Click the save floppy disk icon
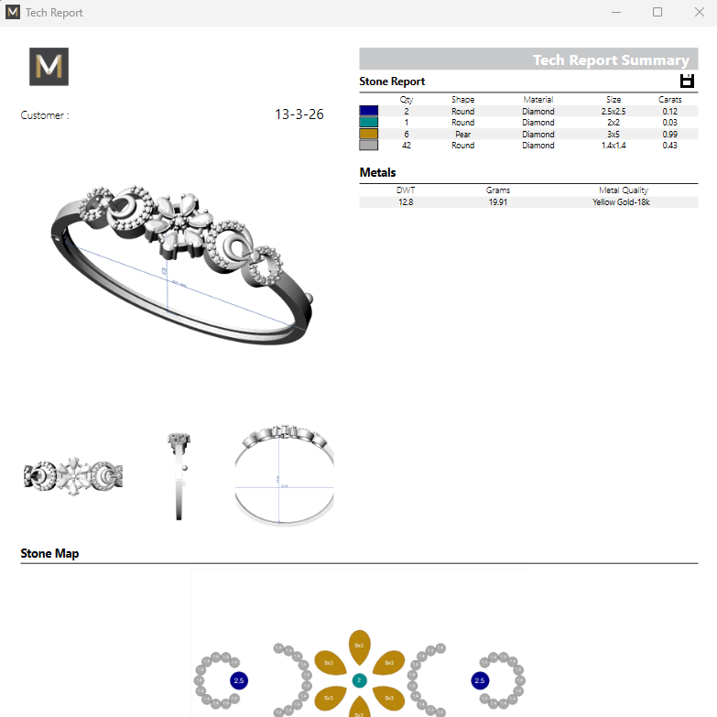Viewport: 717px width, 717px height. [688, 81]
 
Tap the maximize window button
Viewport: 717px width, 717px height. [657, 13]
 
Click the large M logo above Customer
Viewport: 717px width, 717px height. [49, 67]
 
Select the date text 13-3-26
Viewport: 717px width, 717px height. [299, 114]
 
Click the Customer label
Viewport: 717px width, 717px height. [45, 115]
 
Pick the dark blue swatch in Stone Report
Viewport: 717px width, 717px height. [368, 111]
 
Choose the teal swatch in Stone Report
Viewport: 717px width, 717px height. [368, 123]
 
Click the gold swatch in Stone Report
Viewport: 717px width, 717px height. [368, 134]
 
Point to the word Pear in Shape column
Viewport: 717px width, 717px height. [462, 134]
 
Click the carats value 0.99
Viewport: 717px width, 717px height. [669, 134]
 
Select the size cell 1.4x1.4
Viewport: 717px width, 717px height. [613, 146]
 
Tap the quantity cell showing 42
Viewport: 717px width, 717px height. [407, 146]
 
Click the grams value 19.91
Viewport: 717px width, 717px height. [498, 201]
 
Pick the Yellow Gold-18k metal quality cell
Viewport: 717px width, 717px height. [621, 201]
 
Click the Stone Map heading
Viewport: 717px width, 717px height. [49, 553]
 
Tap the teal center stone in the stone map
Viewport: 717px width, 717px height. [359, 680]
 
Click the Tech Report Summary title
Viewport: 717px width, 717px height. [610, 60]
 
